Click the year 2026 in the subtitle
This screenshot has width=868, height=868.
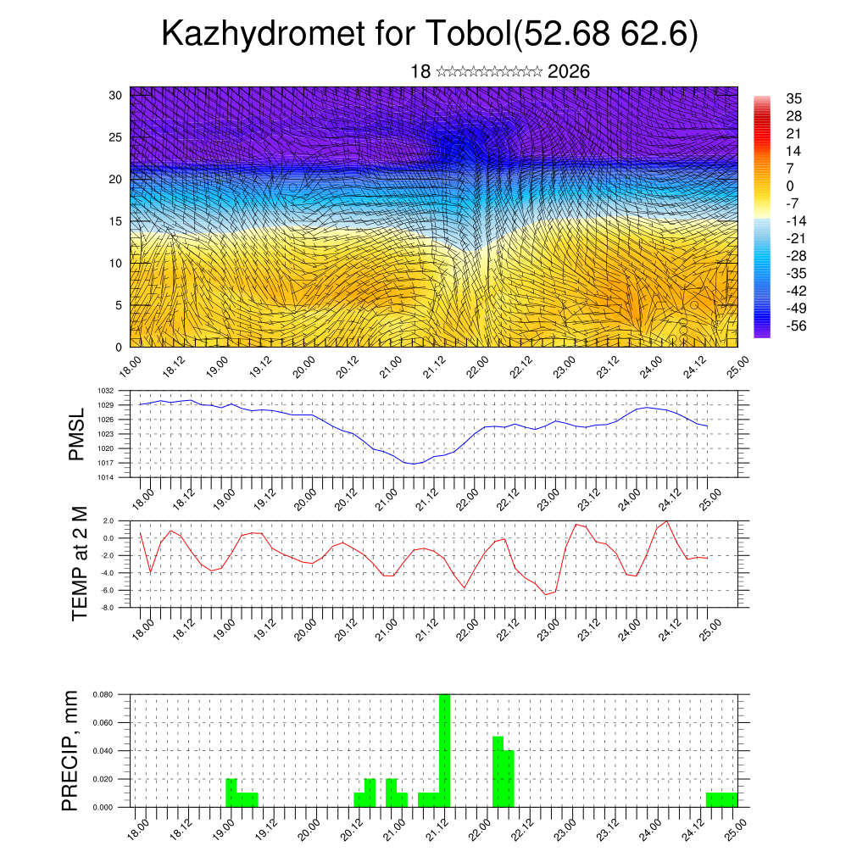pyautogui.click(x=569, y=72)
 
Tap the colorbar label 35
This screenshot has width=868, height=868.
pyautogui.click(x=794, y=98)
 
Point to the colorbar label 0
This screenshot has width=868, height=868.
pyautogui.click(x=790, y=186)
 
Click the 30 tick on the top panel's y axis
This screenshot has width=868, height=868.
pyautogui.click(x=115, y=95)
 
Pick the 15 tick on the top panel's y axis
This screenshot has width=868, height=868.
pyautogui.click(x=115, y=221)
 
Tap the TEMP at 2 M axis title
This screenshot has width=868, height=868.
pyautogui.click(x=80, y=563)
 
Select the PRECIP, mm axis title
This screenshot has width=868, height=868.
pyautogui.click(x=72, y=750)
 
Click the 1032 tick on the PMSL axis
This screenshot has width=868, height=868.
pyautogui.click(x=105, y=391)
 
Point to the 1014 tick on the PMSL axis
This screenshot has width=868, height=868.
pyautogui.click(x=105, y=477)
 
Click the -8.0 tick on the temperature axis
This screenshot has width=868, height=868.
pyautogui.click(x=108, y=608)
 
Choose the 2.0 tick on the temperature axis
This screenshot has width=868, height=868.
pyautogui.click(x=108, y=520)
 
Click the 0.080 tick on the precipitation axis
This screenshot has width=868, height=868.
pyautogui.click(x=103, y=694)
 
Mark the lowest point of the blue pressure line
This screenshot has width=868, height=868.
pyautogui.click(x=413, y=464)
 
